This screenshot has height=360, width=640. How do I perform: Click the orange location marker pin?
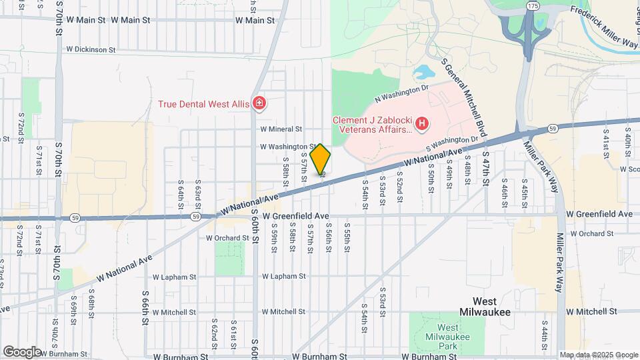[x=321, y=159]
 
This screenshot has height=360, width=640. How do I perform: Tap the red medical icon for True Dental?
[x=259, y=103]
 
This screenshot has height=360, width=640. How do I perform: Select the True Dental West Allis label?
[x=202, y=104]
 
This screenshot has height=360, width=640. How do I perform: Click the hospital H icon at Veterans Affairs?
[x=421, y=123]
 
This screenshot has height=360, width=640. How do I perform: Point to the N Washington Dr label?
[x=401, y=93]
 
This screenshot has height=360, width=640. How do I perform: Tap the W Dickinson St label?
[x=91, y=49]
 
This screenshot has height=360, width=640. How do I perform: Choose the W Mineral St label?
[x=281, y=129]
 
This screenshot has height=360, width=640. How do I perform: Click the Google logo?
[x=22, y=351]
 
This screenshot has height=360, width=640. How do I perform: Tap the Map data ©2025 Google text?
[x=598, y=355]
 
